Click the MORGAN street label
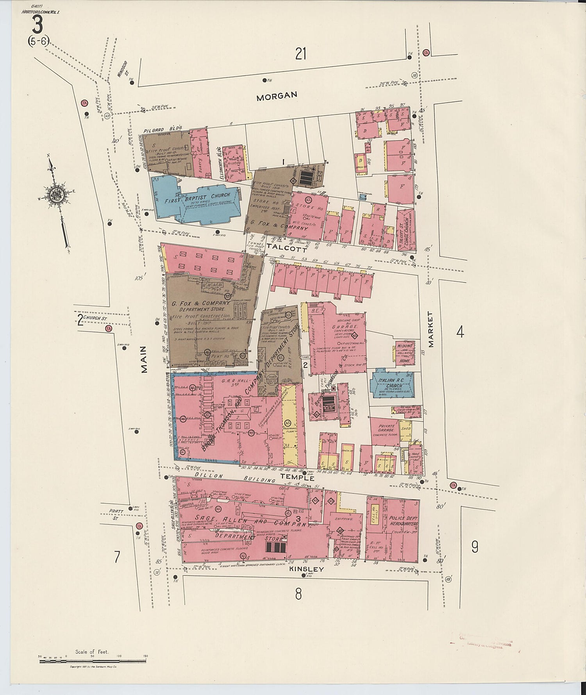(x=277, y=96)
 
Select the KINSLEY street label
(x=306, y=569)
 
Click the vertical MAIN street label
(x=144, y=359)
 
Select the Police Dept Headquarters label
(x=403, y=521)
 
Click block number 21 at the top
(x=300, y=54)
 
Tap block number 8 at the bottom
(x=298, y=594)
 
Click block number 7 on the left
(x=117, y=557)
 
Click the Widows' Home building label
(x=405, y=353)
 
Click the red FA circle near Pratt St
(x=138, y=526)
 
